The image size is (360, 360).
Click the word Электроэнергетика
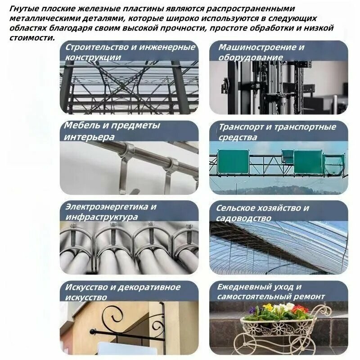[x=107, y=207]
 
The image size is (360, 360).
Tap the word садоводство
[x=243, y=218]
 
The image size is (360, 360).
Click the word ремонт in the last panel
[x=309, y=297]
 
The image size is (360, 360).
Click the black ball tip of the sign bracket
[x=93, y=332]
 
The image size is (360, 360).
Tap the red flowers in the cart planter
[x=300, y=309]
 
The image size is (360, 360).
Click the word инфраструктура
[x=102, y=217]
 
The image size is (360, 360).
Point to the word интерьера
[x=89, y=137]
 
